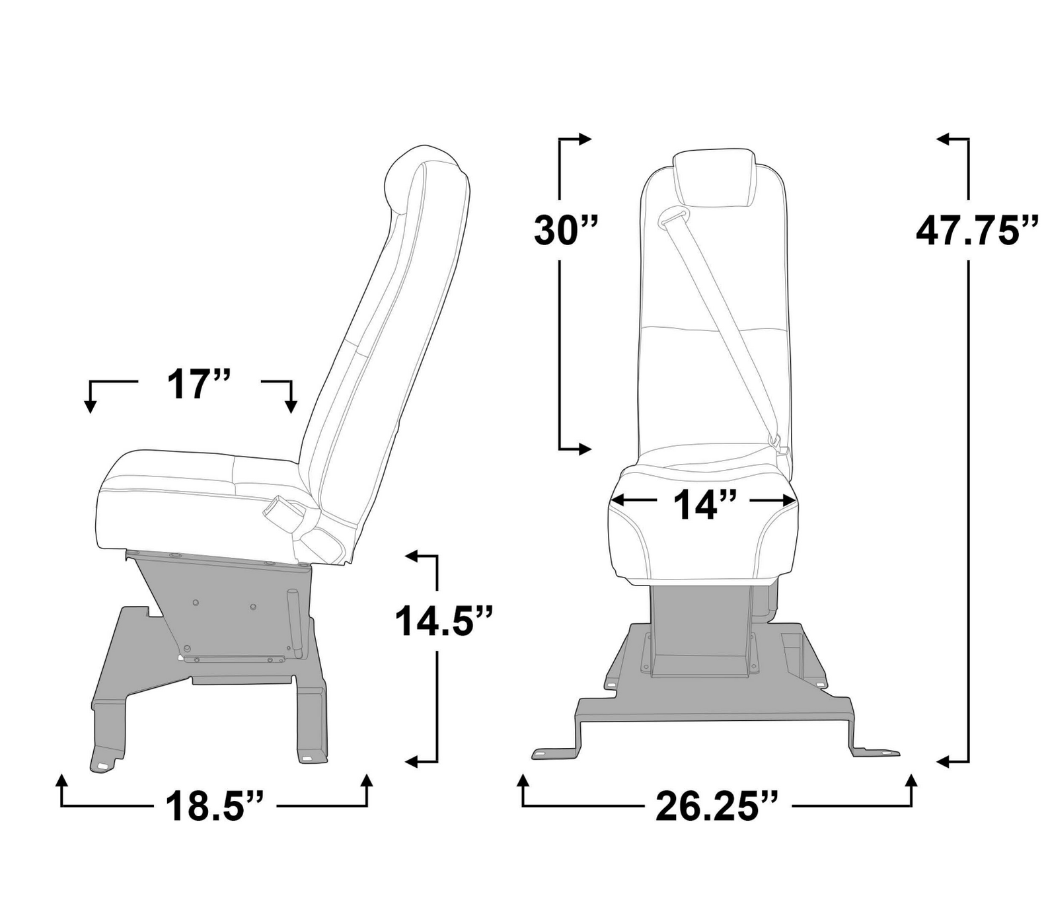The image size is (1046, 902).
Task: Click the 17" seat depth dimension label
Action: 198,385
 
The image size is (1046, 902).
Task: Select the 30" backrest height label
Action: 565,231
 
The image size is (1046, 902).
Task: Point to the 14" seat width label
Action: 704,506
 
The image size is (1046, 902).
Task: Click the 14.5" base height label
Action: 443,621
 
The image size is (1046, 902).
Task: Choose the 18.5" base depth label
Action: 214,806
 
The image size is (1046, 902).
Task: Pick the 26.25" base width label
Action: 716,806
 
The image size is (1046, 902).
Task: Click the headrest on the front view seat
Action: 714,177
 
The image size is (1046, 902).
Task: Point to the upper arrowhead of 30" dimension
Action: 585,139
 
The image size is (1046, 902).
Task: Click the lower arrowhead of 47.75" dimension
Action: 944,762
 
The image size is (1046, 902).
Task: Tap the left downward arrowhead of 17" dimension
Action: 91,406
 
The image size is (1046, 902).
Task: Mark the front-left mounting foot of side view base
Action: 103,763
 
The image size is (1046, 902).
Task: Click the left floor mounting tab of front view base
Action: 542,753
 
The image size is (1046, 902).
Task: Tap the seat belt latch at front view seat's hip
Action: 780,445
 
